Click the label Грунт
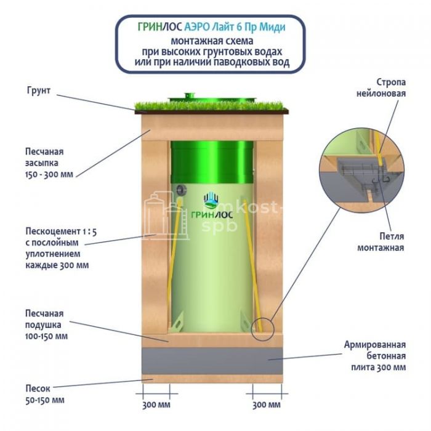click(x=38, y=91)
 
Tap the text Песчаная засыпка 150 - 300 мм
click(x=49, y=163)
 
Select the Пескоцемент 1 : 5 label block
click(x=61, y=248)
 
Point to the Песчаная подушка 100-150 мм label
click(x=46, y=324)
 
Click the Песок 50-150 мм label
click(x=45, y=394)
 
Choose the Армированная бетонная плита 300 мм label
click(x=375, y=356)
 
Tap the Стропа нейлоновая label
click(x=381, y=87)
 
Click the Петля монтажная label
click(x=381, y=242)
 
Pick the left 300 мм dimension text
click(x=156, y=405)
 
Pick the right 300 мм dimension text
click(x=267, y=405)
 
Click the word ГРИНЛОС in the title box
click(x=159, y=27)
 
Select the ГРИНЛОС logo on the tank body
click(x=212, y=206)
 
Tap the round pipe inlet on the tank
click(x=181, y=190)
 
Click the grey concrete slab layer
click(x=212, y=361)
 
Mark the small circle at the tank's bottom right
click(x=264, y=329)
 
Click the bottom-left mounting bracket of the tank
click(x=177, y=323)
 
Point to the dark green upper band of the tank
click(x=212, y=162)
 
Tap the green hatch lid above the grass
click(x=212, y=98)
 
